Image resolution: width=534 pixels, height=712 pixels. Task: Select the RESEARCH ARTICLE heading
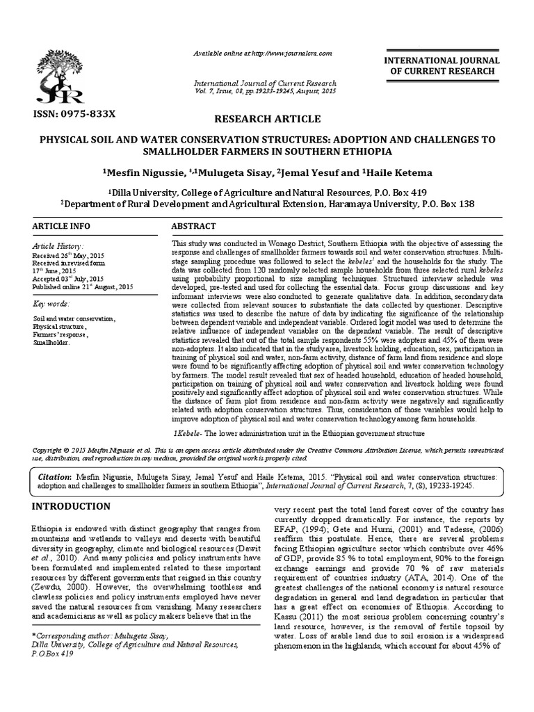tap(267, 119)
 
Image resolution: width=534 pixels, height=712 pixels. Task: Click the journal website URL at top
tap(262, 54)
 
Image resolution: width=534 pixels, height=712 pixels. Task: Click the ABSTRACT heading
tap(193, 227)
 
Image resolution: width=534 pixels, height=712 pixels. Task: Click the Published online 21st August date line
tap(82, 286)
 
